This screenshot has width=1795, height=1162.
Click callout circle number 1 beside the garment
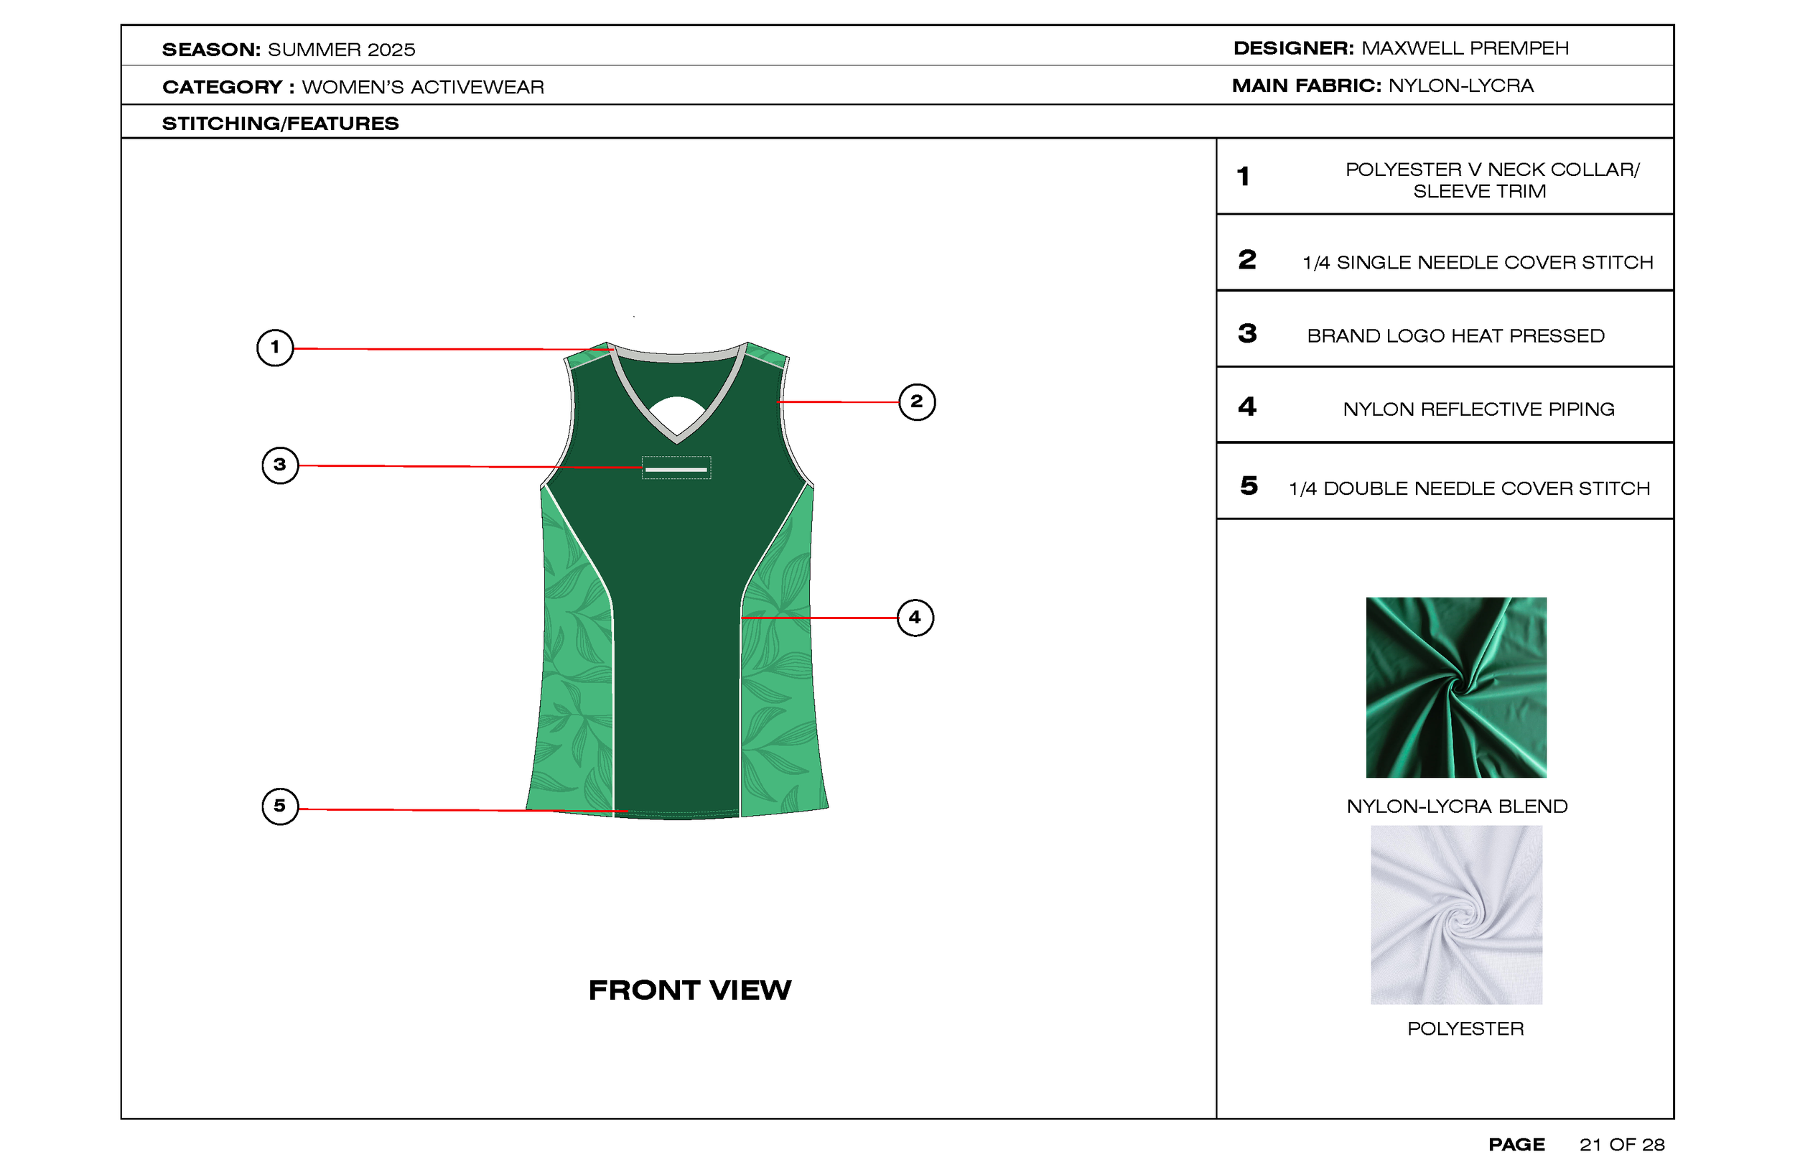coord(275,348)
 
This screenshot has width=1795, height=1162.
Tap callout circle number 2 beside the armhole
coord(916,401)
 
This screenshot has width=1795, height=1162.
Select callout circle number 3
coord(280,465)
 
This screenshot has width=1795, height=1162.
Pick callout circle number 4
coord(915,618)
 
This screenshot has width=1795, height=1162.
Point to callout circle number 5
coord(280,806)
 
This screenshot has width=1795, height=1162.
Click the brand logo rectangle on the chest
coord(676,468)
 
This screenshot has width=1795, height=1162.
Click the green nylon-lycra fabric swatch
coord(1455,687)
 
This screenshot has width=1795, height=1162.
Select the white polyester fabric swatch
coord(1455,914)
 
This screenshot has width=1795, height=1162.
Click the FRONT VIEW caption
coord(689,990)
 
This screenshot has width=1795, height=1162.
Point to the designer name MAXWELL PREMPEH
coord(1465,48)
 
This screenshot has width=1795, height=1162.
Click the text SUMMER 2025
coord(341,50)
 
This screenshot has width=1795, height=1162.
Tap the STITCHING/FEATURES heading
coord(280,123)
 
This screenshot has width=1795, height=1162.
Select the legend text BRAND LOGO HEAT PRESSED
coord(1455,336)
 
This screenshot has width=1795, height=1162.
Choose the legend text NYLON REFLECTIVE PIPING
coord(1478,409)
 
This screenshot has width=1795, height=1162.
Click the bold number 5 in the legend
coord(1248,485)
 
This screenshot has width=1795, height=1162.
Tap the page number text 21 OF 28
coord(1621,1145)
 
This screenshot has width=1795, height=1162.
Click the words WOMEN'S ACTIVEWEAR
coord(422,87)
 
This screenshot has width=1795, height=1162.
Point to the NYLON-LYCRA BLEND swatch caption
coord(1456,807)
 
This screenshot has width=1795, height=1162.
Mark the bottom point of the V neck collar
coord(676,437)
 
